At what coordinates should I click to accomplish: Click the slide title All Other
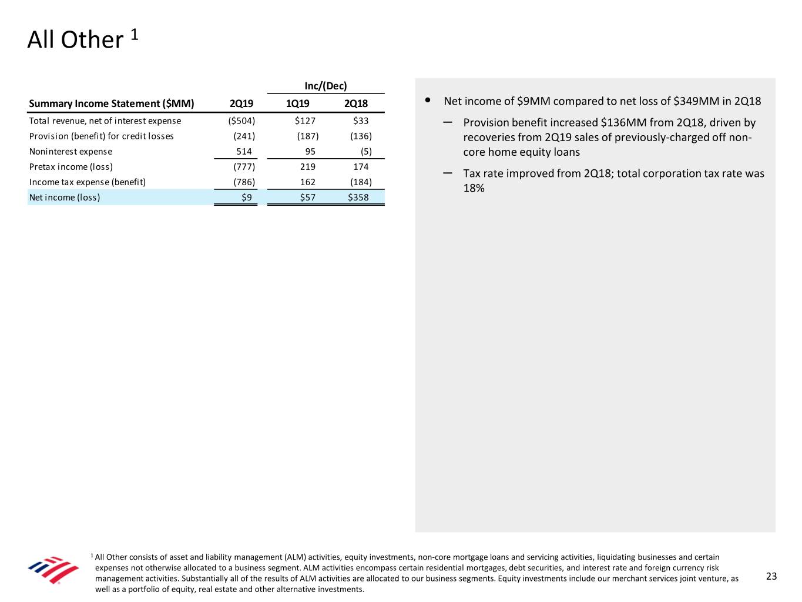click(x=75, y=40)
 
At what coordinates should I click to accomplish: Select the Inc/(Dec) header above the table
click(x=326, y=86)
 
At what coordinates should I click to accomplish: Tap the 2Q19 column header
click(x=241, y=104)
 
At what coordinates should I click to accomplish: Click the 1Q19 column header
click(x=297, y=104)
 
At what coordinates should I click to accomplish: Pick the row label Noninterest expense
click(x=71, y=152)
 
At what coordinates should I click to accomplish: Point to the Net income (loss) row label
click(x=65, y=198)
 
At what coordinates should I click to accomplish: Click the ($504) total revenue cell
click(x=241, y=121)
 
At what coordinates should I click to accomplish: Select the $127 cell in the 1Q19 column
click(x=305, y=121)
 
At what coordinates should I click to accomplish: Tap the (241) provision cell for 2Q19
click(x=244, y=136)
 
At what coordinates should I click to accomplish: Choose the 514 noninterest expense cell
click(x=244, y=152)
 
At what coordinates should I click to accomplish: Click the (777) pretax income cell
click(x=244, y=167)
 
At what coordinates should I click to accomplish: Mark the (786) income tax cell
click(x=244, y=182)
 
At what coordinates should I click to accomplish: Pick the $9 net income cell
click(x=247, y=198)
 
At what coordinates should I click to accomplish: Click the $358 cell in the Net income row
click(x=358, y=198)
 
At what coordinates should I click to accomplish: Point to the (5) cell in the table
click(x=366, y=152)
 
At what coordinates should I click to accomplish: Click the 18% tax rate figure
click(x=474, y=188)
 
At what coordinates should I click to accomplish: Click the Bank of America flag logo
click(x=53, y=570)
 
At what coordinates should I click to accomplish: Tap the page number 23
click(x=771, y=576)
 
